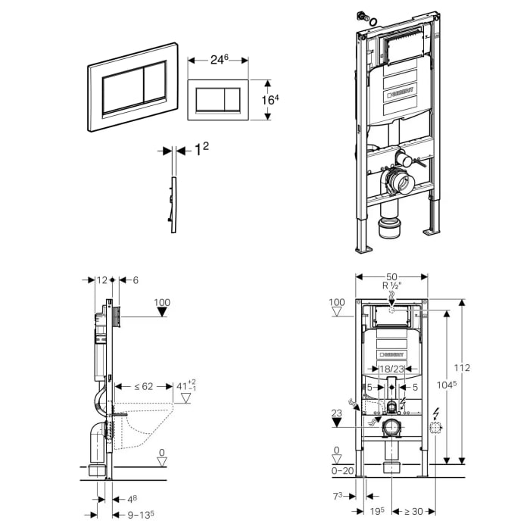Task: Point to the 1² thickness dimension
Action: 201,150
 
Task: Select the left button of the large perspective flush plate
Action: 123,88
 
